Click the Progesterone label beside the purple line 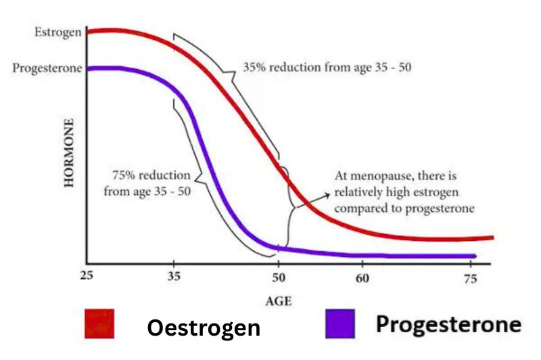click(47, 68)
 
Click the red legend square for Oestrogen click(99, 324)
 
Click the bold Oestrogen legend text click(204, 328)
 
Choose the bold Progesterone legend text click(448, 325)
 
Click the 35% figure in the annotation click(255, 68)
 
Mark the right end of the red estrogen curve click(492, 238)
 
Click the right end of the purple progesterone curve click(475, 256)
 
